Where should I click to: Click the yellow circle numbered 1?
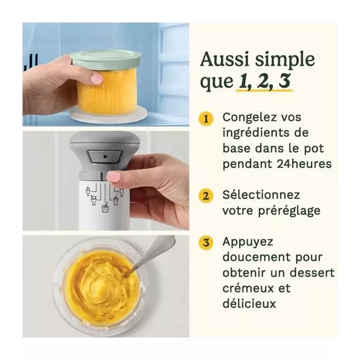pyautogui.click(x=206, y=119)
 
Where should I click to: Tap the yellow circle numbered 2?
pyautogui.click(x=206, y=196)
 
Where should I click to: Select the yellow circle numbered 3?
pyautogui.click(x=206, y=243)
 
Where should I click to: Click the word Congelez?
pyautogui.click(x=251, y=117)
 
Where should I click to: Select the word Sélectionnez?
pyautogui.click(x=261, y=195)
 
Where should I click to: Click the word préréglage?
pyautogui.click(x=289, y=211)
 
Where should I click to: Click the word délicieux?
pyautogui.click(x=249, y=303)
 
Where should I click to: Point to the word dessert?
pyautogui.click(x=312, y=273)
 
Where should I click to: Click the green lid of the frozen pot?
pyautogui.click(x=106, y=59)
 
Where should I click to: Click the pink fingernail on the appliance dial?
pyautogui.click(x=114, y=176)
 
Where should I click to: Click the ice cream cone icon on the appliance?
pyautogui.click(x=88, y=191)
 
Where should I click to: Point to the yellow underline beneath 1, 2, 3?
pyautogui.click(x=265, y=90)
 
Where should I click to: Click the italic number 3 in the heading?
pyautogui.click(x=284, y=81)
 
